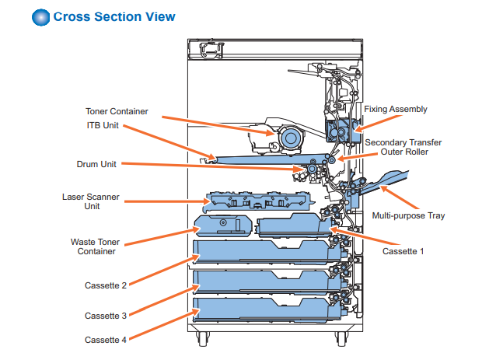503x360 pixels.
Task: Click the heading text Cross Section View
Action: [114, 17]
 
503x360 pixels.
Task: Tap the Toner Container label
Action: [117, 111]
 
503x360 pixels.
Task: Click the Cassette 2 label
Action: [106, 285]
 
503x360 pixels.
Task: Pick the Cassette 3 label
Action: [106, 315]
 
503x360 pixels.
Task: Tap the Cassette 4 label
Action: [106, 340]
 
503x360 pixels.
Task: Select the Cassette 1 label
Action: [403, 251]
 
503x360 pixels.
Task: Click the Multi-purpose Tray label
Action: [409, 215]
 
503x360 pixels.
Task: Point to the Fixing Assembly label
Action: [396, 109]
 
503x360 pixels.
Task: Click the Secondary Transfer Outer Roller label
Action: [396, 147]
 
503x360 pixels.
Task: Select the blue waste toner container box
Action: [222, 226]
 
